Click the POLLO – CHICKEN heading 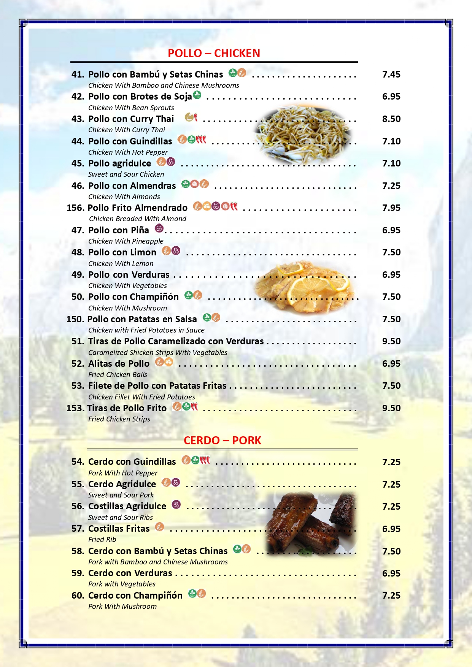tap(214, 53)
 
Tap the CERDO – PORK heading tap(222, 440)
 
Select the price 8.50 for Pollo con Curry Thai tap(391, 119)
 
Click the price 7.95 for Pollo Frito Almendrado tap(391, 208)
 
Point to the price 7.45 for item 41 tap(391, 74)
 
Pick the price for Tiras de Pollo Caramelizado tap(391, 341)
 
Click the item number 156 tap(75, 208)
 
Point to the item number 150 tap(75, 319)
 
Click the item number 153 tap(75, 408)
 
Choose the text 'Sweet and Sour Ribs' tap(121, 518)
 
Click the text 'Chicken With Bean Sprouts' tap(131, 108)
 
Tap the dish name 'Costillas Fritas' tap(119, 529)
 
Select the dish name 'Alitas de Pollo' tap(119, 364)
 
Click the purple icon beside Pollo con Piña tap(159, 228)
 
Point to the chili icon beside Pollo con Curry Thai tap(196, 117)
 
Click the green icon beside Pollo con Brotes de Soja tap(197, 95)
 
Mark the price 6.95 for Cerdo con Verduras tap(391, 574)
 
